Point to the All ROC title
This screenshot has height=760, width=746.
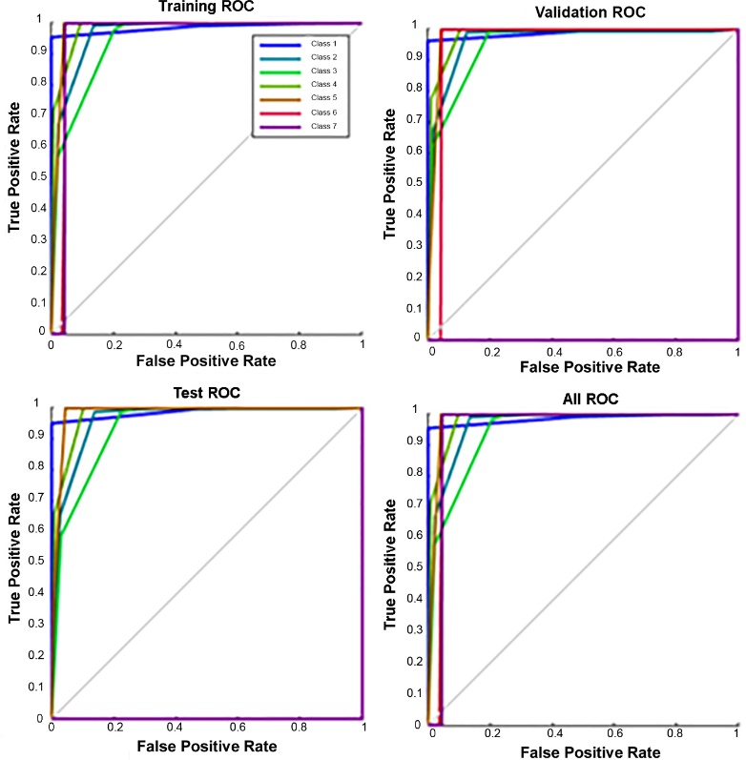pos(592,397)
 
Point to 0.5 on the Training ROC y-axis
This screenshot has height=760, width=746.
pos(38,175)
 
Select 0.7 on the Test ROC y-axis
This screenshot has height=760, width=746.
pos(38,498)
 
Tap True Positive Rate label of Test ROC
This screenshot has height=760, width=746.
pos(14,557)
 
